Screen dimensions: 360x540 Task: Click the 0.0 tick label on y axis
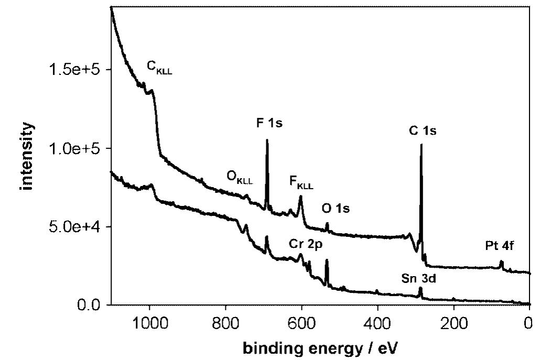[x=89, y=305]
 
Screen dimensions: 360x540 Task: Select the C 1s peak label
[x=423, y=131]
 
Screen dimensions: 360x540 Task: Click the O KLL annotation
[x=240, y=178]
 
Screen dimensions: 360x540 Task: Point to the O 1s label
[x=336, y=209]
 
